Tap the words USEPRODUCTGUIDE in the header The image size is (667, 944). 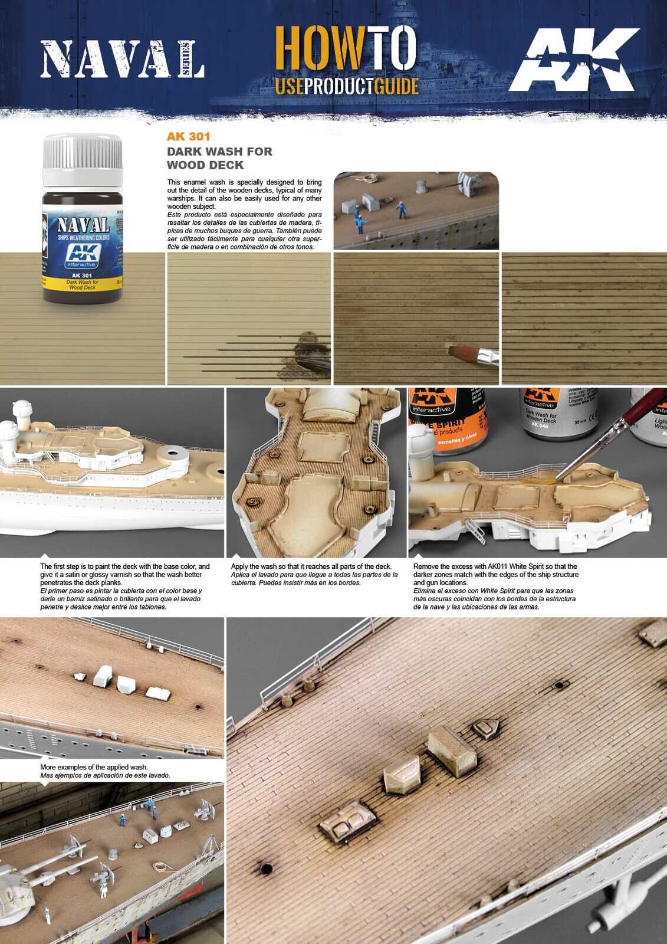[x=347, y=87]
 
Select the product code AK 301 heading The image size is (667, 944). [x=189, y=136]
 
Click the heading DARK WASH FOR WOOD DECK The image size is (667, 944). [x=219, y=158]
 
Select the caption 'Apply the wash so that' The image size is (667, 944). [x=311, y=566]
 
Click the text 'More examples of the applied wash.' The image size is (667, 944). [x=94, y=767]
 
